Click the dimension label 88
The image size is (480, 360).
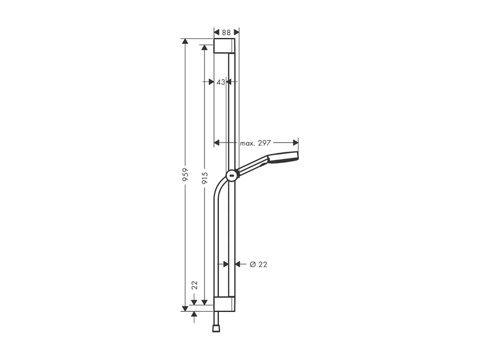(x=227, y=32)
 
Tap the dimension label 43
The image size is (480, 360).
(x=221, y=82)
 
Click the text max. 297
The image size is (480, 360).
(x=255, y=143)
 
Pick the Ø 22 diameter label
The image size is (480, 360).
(x=258, y=264)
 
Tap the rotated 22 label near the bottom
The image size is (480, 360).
(x=195, y=285)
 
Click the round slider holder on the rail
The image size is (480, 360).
(x=231, y=175)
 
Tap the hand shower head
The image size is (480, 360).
(x=283, y=158)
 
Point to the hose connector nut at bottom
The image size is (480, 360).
(x=216, y=328)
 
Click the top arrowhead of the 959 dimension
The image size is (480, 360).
(x=185, y=42)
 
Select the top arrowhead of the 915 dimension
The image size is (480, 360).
(x=205, y=48)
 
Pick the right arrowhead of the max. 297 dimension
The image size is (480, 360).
(x=296, y=142)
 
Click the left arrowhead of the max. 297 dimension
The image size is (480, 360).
(x=217, y=142)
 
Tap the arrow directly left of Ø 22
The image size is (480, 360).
(x=238, y=264)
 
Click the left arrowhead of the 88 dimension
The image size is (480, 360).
(x=217, y=32)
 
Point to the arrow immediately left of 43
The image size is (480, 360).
(x=211, y=82)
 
